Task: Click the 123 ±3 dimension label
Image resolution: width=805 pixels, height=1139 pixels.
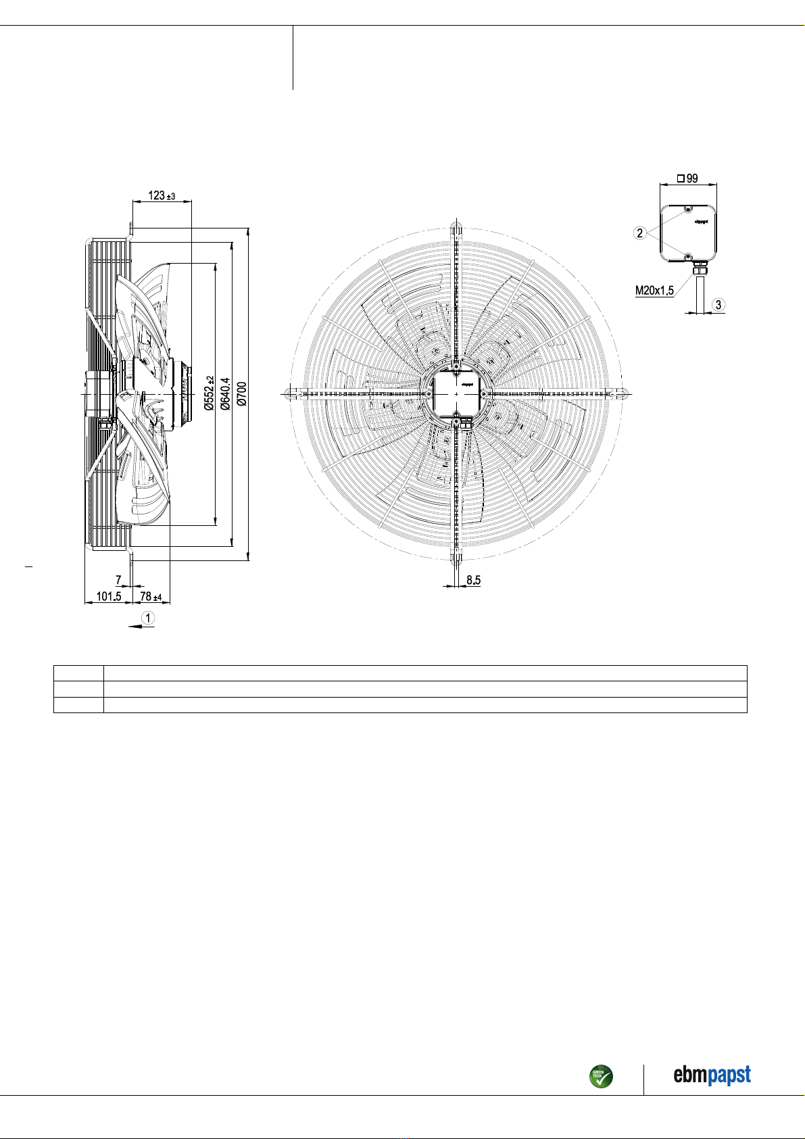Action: click(x=162, y=195)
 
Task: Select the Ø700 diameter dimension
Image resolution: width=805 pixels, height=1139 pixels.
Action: click(x=241, y=393)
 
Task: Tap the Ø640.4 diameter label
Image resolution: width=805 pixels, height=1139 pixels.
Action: click(x=225, y=393)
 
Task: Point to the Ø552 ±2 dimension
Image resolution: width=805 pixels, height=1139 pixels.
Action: click(x=209, y=393)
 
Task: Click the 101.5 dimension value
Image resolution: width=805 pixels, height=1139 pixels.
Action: click(x=108, y=596)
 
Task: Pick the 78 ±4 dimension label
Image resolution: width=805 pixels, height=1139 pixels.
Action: click(x=151, y=596)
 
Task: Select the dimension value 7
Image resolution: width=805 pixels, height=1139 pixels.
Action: click(x=118, y=580)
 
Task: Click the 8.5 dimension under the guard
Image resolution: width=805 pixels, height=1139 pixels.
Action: click(x=473, y=580)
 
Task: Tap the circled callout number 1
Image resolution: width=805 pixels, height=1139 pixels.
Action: click(x=148, y=617)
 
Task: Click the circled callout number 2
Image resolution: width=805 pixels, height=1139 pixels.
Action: click(x=639, y=233)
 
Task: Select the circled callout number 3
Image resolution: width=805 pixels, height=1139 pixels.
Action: click(x=719, y=305)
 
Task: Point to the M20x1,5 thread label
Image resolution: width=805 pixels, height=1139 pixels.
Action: click(x=654, y=291)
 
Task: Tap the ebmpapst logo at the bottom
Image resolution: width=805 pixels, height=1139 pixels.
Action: click(x=712, y=1075)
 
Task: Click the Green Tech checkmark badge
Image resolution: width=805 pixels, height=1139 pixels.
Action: click(x=601, y=1076)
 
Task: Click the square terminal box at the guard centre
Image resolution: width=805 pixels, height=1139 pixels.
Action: click(x=457, y=393)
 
